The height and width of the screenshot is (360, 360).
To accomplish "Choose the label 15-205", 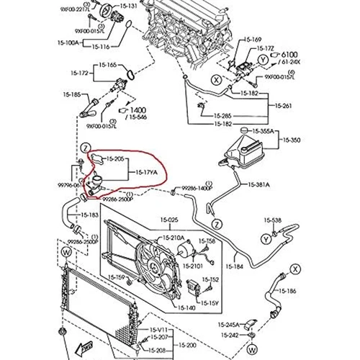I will point(116,158).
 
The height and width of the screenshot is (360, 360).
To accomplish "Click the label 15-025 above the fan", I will point(169,219).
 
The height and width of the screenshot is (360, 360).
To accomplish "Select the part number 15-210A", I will point(173,237).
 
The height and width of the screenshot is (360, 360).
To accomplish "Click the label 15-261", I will point(283,107).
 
